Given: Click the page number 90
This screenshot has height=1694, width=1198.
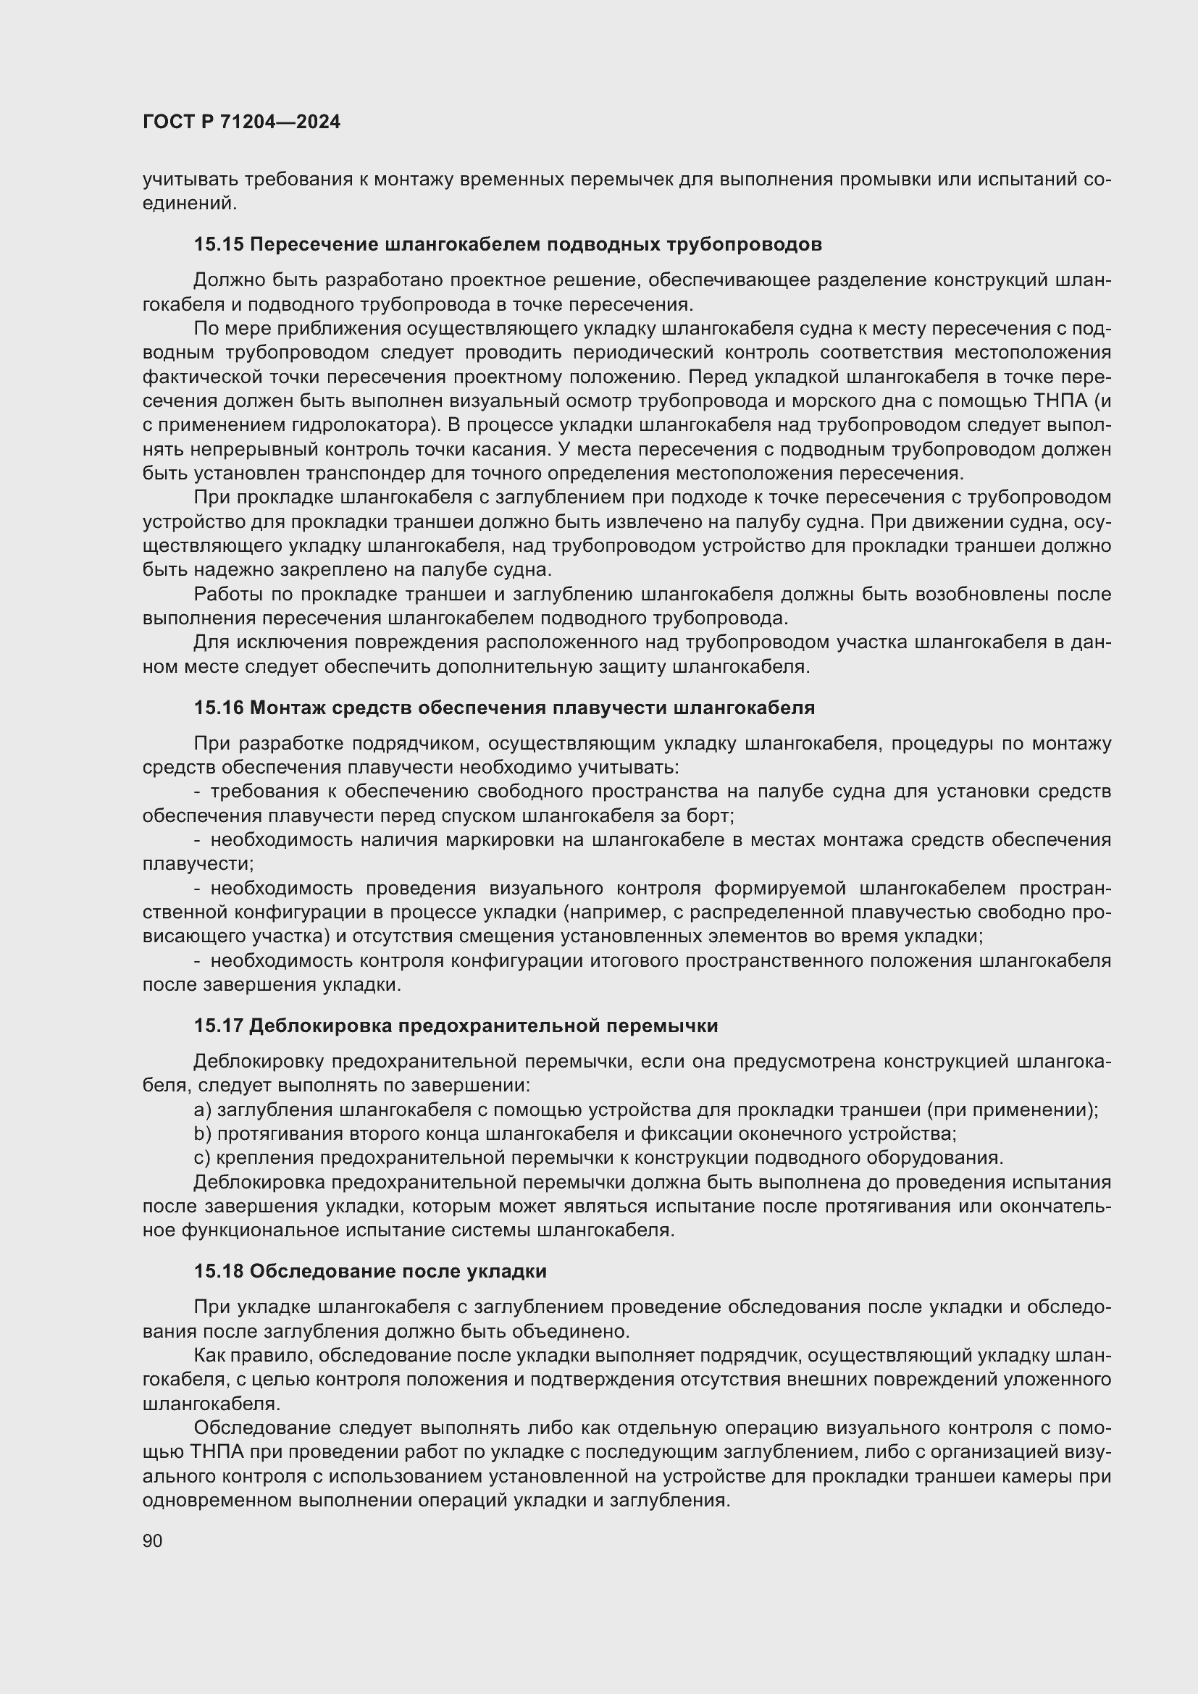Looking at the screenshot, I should coord(153,1540).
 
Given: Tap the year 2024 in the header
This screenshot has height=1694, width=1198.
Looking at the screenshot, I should coord(318,122).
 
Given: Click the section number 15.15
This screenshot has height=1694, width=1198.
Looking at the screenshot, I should coord(218,244).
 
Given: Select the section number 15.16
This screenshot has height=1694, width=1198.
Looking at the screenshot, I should coord(218,708).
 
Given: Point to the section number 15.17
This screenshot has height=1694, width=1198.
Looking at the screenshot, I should coord(218,1026).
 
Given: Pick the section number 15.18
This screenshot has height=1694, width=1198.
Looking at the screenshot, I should coord(218,1271).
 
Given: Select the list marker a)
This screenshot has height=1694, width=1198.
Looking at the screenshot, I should coord(202,1110).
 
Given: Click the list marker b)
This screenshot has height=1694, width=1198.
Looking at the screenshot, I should coord(202,1134).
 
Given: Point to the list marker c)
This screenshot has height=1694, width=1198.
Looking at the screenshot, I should coord(202,1157).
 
